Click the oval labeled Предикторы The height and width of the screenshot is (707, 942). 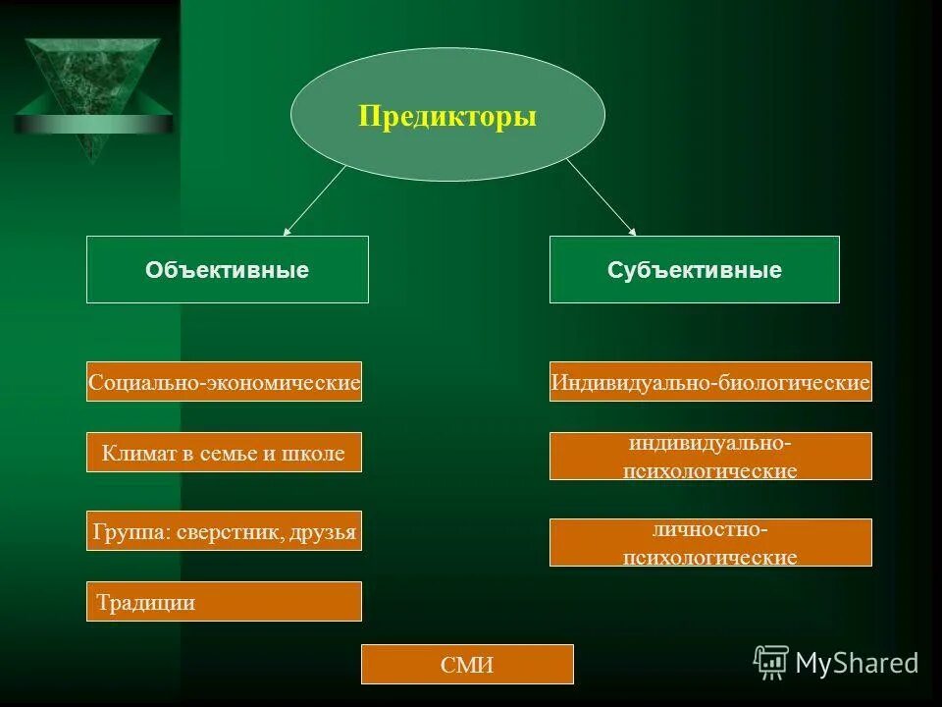click(x=447, y=115)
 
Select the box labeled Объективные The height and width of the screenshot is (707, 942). click(x=228, y=269)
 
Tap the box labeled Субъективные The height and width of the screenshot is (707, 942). click(x=695, y=269)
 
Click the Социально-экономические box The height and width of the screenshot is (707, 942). click(x=224, y=381)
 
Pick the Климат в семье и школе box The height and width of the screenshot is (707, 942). click(x=224, y=453)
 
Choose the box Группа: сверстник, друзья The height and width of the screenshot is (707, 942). click(x=224, y=531)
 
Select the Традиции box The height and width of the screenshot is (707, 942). click(x=224, y=601)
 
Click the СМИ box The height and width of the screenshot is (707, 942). click(x=467, y=665)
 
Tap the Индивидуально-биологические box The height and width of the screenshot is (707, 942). click(x=710, y=381)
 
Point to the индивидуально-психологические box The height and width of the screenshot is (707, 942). click(x=710, y=457)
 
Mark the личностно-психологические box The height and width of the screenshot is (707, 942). click(x=710, y=543)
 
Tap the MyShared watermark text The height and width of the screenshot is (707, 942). click(x=857, y=663)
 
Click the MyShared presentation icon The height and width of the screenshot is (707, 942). click(x=771, y=662)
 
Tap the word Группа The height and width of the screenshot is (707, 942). click(x=123, y=532)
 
